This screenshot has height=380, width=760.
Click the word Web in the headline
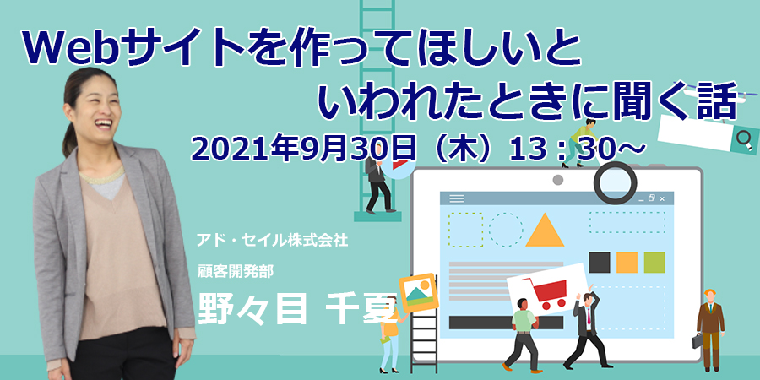tap(71, 50)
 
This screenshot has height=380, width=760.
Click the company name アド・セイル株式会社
tap(272, 240)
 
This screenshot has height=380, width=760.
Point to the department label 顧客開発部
tap(235, 271)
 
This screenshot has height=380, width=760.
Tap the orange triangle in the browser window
tap(545, 231)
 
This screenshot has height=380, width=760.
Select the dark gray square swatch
tap(599, 263)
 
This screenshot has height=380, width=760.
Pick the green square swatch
tap(654, 263)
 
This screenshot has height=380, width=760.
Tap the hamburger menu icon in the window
tap(457, 198)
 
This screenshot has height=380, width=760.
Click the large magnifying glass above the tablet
tap(615, 182)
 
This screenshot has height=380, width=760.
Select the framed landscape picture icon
tap(418, 293)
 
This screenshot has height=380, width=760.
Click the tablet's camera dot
tap(558, 180)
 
